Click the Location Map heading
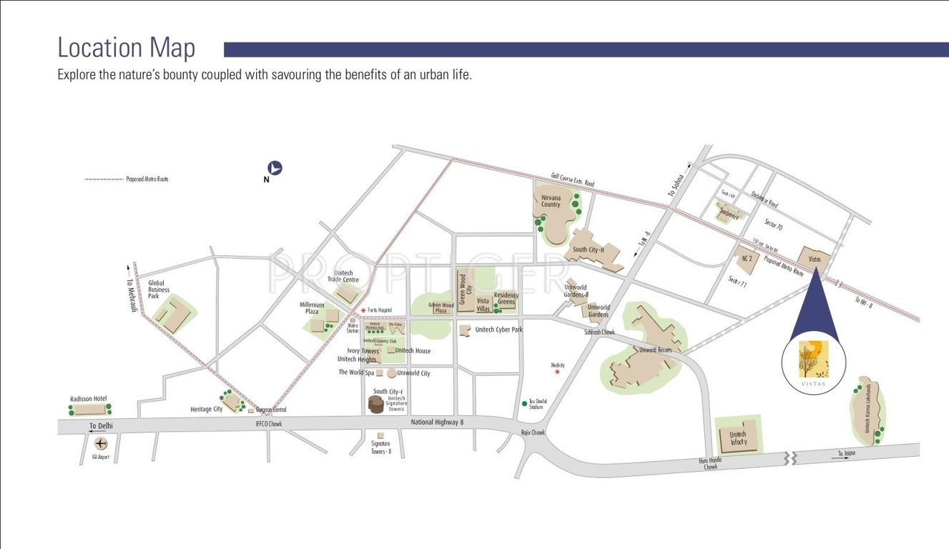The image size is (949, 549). [126, 48]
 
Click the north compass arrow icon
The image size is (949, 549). [275, 169]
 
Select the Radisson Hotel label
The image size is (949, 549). [89, 399]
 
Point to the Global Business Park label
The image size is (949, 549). [159, 289]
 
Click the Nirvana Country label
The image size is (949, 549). [551, 200]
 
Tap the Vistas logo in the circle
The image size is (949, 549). [814, 360]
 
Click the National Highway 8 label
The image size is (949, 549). [437, 422]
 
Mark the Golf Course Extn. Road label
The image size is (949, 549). [573, 179]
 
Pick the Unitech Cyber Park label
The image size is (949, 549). [499, 330]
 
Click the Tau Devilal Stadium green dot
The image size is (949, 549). [524, 403]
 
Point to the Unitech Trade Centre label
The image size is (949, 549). [344, 277]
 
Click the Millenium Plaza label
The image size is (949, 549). [312, 308]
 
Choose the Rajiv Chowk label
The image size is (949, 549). [533, 432]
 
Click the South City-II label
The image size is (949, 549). [589, 250]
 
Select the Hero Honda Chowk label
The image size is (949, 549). [710, 464]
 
